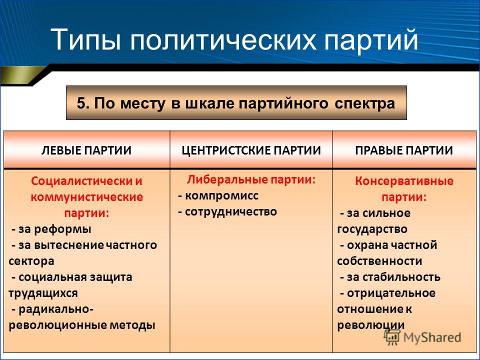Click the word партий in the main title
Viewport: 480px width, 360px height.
[x=371, y=40]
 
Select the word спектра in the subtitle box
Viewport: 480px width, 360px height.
[x=365, y=104]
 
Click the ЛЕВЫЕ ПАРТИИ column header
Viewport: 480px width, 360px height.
[x=86, y=150]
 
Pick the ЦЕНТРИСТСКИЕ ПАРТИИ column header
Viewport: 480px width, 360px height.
[x=251, y=150]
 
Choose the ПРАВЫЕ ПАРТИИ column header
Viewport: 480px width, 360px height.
[x=404, y=150]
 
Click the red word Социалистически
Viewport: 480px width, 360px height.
[x=81, y=181]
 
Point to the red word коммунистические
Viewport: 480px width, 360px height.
[x=86, y=197]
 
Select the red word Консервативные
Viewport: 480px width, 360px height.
[x=404, y=181]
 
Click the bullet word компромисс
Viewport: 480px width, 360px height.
[x=221, y=196]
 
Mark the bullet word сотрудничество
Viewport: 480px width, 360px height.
[x=231, y=212]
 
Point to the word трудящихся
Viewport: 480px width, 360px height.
[x=43, y=293]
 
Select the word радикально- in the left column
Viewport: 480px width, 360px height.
[x=56, y=309]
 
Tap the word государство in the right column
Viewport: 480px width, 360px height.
[x=372, y=229]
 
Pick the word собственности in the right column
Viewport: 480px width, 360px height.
[x=379, y=261]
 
